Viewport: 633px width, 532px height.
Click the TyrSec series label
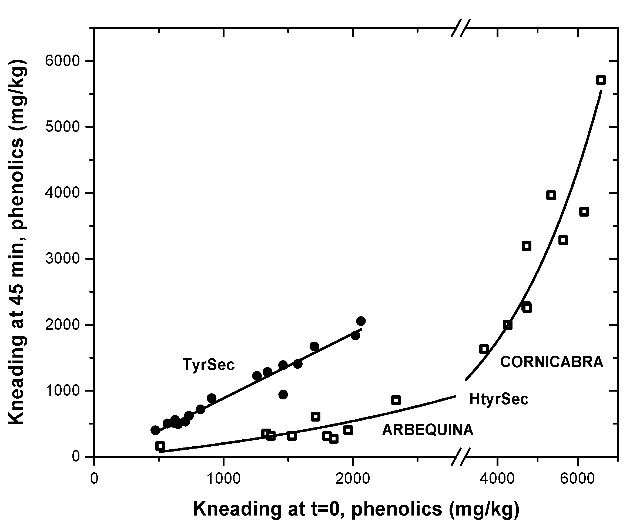click(x=209, y=365)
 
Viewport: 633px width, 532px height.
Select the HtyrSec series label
click(x=499, y=399)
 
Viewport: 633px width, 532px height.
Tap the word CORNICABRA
click(x=551, y=362)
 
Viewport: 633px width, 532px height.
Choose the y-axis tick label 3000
click(x=62, y=259)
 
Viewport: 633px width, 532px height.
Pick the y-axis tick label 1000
click(x=62, y=390)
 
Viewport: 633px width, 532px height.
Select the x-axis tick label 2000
click(x=352, y=479)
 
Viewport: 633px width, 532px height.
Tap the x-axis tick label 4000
click(x=497, y=479)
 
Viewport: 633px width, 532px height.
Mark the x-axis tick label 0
click(x=95, y=479)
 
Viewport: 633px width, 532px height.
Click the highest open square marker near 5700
click(x=601, y=80)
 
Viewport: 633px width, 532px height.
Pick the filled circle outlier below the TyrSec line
click(x=283, y=395)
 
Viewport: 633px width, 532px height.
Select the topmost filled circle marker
click(x=361, y=321)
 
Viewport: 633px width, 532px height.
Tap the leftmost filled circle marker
click(x=155, y=430)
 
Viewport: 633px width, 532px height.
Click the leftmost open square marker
click(x=160, y=446)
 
